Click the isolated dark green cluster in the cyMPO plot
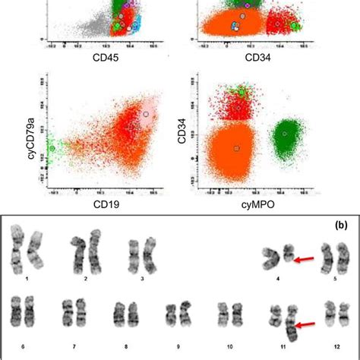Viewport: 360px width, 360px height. [x=285, y=134]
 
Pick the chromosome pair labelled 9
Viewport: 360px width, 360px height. [x=176, y=315]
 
